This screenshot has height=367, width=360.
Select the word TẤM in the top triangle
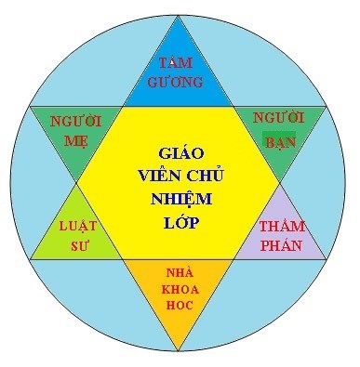(180, 63)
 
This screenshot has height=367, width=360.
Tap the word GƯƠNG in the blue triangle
(180, 82)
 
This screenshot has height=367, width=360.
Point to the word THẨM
(283, 226)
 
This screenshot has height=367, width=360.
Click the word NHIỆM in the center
(180, 199)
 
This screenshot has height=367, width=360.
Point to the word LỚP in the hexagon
(180, 223)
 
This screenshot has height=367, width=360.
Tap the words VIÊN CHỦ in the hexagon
(180, 175)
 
